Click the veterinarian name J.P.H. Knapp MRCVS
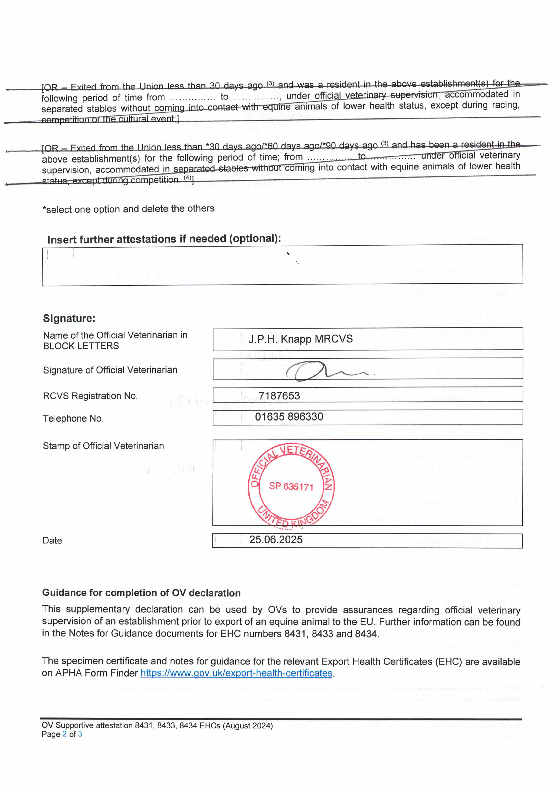[x=300, y=339]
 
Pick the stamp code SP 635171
[x=291, y=486]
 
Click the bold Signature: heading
[x=69, y=318]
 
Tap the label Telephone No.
[x=73, y=418]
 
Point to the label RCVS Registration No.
[x=90, y=396]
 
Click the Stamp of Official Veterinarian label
[x=103, y=446]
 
